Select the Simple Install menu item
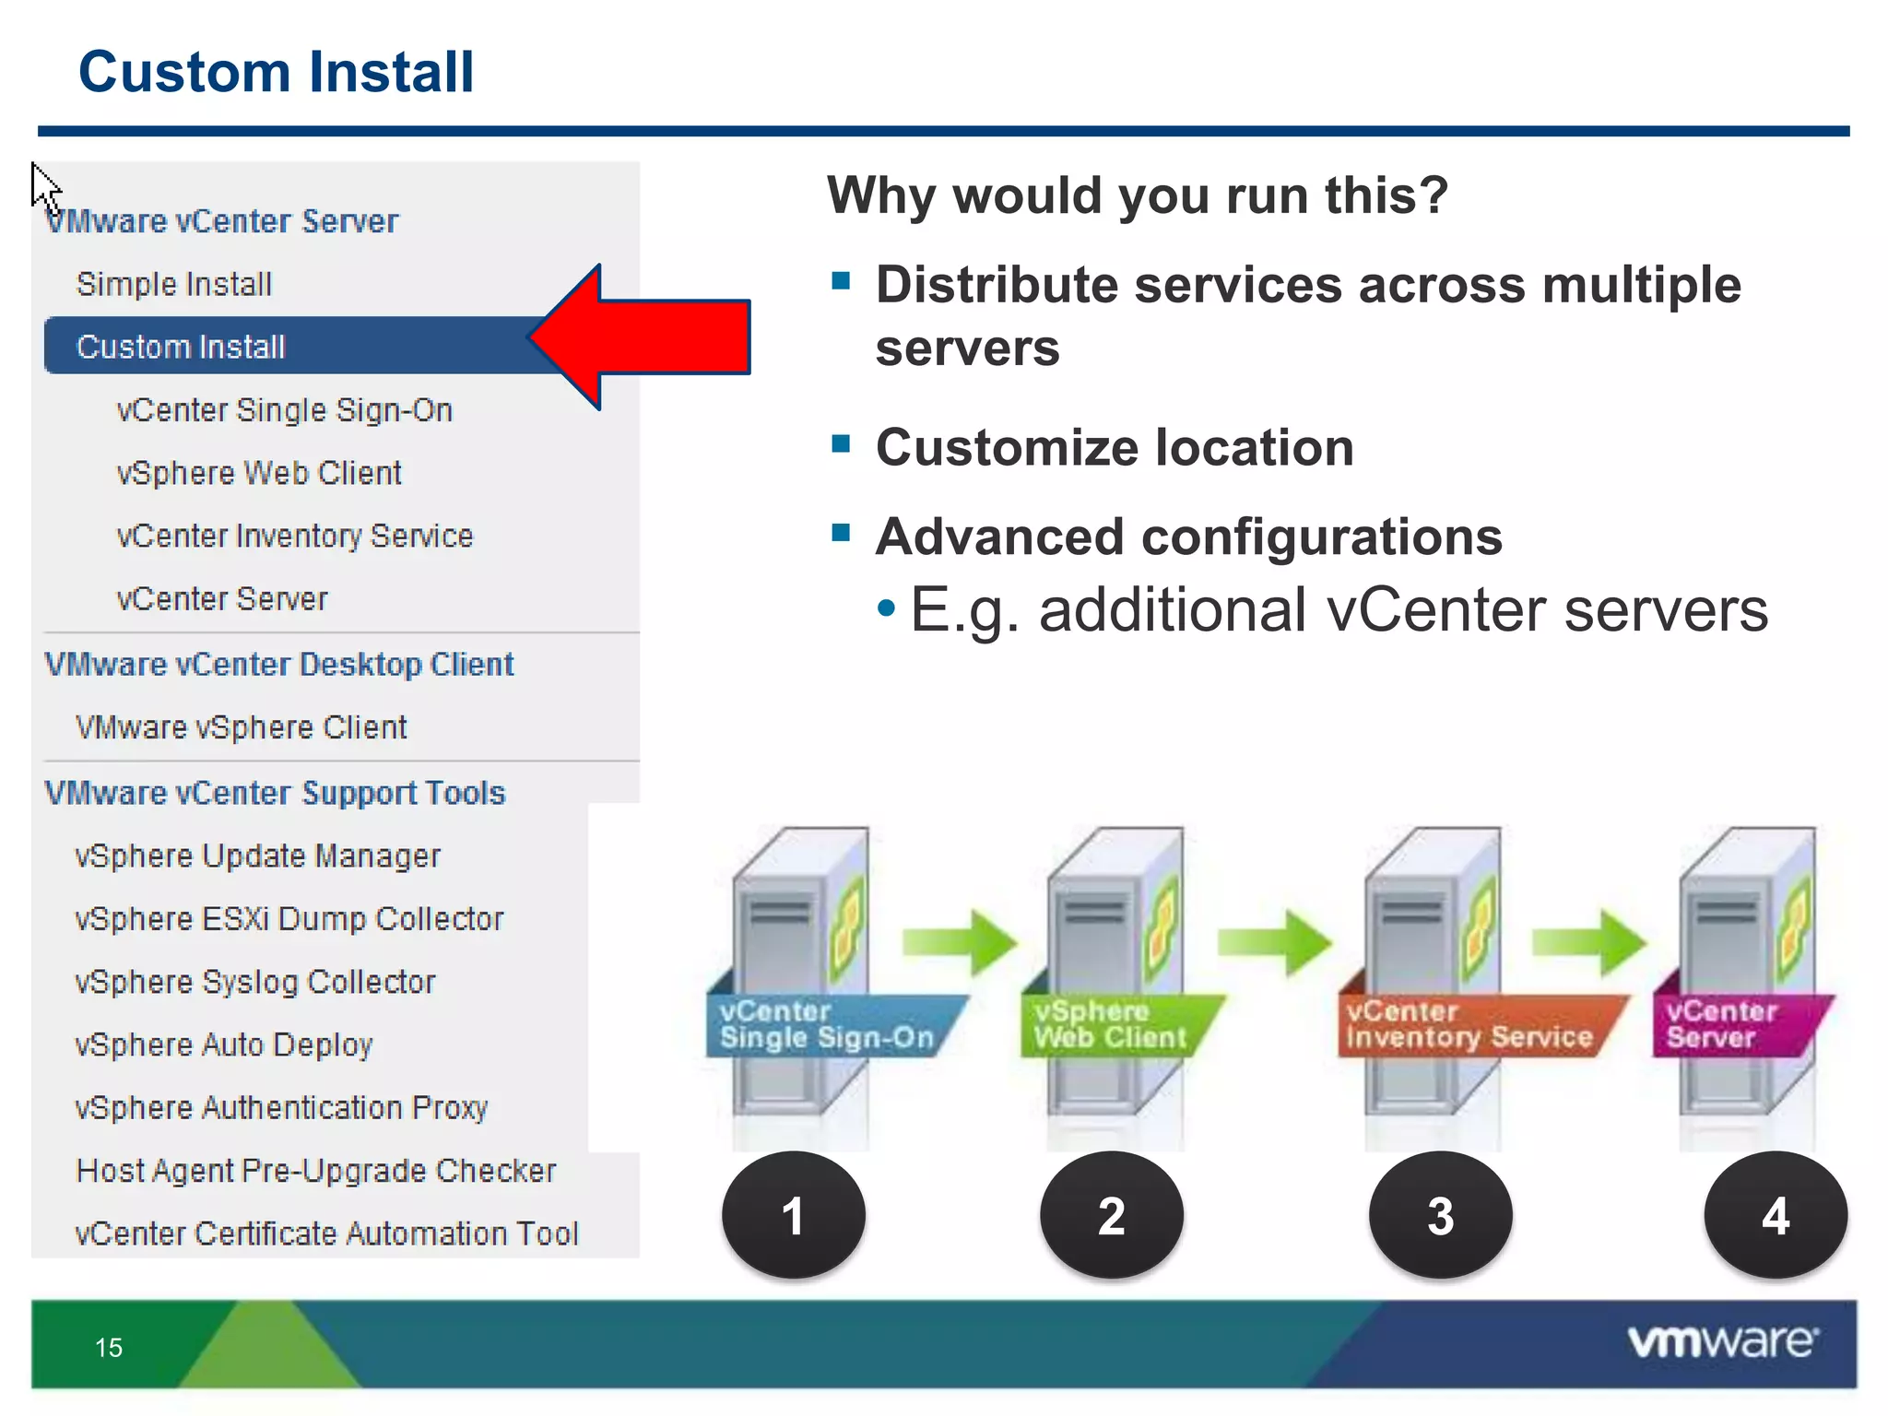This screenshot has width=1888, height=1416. pyautogui.click(x=174, y=284)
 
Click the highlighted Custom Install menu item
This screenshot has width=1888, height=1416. pyautogui.click(x=181, y=347)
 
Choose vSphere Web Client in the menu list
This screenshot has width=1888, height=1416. pyautogui.click(x=259, y=473)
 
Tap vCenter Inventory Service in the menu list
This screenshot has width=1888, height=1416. pyautogui.click(x=295, y=536)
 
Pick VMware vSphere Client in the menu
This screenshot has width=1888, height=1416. pyautogui.click(x=241, y=727)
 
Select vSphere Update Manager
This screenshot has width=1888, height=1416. pyautogui.click(x=257, y=855)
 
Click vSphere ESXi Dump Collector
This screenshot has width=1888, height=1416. pyautogui.click(x=289, y=919)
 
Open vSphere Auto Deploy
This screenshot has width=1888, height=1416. pyautogui.click(x=223, y=1044)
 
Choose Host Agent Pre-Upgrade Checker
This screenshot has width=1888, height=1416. pyautogui.click(x=316, y=1171)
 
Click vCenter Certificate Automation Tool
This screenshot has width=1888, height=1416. pyautogui.click(x=326, y=1233)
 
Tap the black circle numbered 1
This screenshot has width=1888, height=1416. pyautogui.click(x=793, y=1215)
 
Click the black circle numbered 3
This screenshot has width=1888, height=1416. pyautogui.click(x=1440, y=1215)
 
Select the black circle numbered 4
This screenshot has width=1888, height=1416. pyautogui.click(x=1775, y=1215)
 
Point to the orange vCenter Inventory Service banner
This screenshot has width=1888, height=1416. pyautogui.click(x=1469, y=1025)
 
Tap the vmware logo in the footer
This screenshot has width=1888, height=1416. pyautogui.click(x=1722, y=1341)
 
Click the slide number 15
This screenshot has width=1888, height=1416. pyautogui.click(x=109, y=1348)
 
